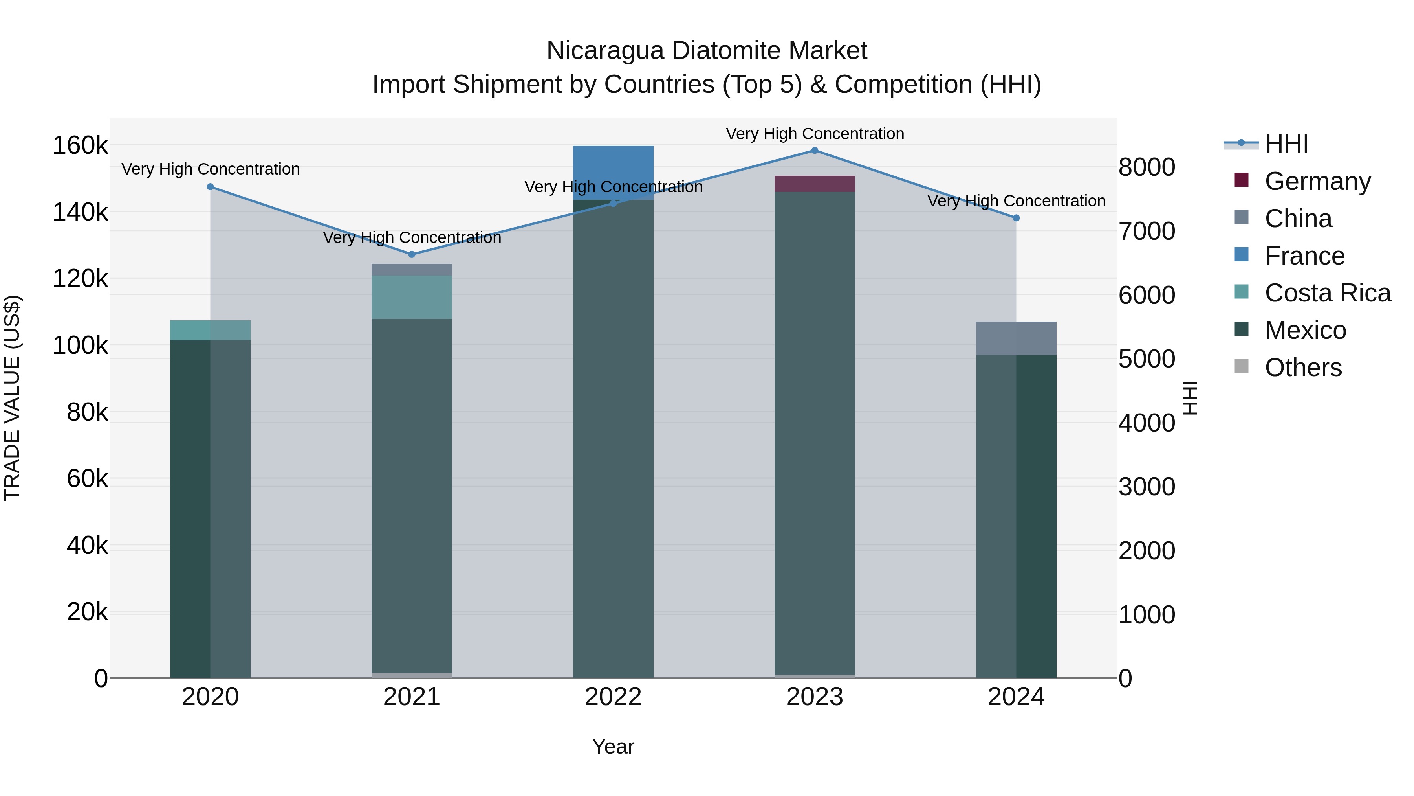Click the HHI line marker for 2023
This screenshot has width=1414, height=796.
pyautogui.click(x=815, y=151)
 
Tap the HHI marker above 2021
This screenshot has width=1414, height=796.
pyautogui.click(x=412, y=254)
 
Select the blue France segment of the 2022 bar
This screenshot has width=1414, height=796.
pyautogui.click(x=613, y=172)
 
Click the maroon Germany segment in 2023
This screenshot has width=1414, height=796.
pyautogui.click(x=815, y=184)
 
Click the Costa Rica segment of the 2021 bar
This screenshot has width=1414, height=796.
pyautogui.click(x=412, y=297)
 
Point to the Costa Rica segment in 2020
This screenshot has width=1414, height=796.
pyautogui.click(x=210, y=330)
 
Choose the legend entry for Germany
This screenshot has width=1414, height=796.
pyautogui.click(x=1317, y=181)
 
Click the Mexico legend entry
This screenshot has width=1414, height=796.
pyautogui.click(x=1305, y=330)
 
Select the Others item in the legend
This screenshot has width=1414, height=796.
pyautogui.click(x=1303, y=368)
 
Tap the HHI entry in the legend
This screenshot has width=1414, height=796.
pyautogui.click(x=1286, y=144)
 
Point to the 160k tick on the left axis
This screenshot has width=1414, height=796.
pyautogui.click(x=80, y=146)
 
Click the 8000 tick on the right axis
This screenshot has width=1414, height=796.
pyautogui.click(x=1147, y=167)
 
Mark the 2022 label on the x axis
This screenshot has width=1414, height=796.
pyautogui.click(x=613, y=697)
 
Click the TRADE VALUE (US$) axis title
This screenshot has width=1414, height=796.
pyautogui.click(x=12, y=398)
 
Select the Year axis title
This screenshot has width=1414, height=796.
pyautogui.click(x=613, y=746)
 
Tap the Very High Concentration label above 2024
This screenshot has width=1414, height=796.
pyautogui.click(x=1016, y=201)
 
